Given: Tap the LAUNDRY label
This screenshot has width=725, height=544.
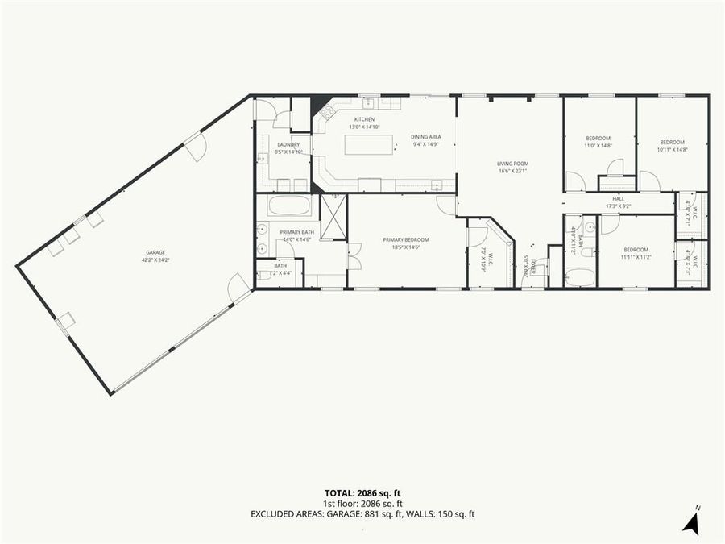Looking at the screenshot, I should click(288, 144).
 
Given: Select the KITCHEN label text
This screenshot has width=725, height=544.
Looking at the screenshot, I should click(364, 119).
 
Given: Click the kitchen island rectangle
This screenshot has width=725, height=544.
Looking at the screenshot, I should click(370, 144).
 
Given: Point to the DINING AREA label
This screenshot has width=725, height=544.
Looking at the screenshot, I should click(425, 137).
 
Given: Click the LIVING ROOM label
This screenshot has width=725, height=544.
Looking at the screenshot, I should click(512, 164).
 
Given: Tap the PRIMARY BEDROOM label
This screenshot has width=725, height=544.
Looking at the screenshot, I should click(405, 239).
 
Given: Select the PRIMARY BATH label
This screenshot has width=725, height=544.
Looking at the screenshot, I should click(296, 232).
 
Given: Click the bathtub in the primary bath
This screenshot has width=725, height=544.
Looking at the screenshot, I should click(289, 206).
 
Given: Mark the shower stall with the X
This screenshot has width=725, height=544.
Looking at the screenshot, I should click(333, 217).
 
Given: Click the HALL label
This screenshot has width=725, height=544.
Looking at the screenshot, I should click(618, 198).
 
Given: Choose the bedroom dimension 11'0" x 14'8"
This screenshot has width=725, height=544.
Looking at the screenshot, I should click(598, 146).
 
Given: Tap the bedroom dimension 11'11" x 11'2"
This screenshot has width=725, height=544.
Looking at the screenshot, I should click(635, 257).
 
